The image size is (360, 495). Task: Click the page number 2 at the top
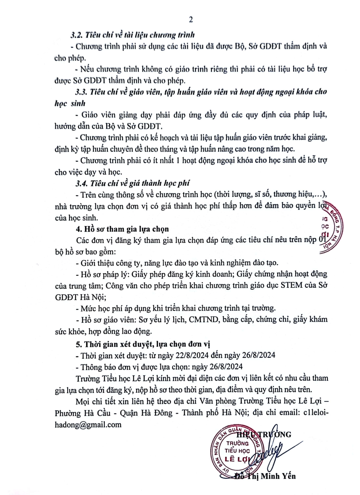coord(191,19)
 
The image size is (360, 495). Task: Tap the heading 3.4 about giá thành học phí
coord(133,183)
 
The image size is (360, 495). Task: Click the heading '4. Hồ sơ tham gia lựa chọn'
coord(122,229)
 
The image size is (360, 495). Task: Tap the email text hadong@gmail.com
coord(88,425)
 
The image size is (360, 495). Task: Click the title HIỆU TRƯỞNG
coord(264,435)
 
